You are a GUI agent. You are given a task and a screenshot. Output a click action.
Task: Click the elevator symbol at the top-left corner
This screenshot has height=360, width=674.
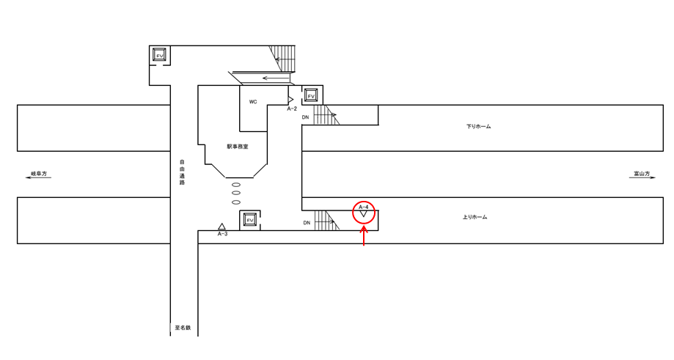(159, 55)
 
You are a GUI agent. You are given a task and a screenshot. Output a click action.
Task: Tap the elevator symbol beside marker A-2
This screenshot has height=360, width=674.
(311, 95)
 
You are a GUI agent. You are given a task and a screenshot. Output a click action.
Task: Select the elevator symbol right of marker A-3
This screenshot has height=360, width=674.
(249, 220)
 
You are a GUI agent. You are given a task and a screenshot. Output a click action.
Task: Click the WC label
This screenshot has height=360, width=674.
(253, 102)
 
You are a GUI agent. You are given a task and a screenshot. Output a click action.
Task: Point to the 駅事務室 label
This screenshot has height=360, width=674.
(237, 147)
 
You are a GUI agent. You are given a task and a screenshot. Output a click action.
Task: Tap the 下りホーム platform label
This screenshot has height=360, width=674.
(478, 127)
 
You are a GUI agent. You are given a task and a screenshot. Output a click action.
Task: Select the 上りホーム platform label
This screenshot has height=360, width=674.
(475, 217)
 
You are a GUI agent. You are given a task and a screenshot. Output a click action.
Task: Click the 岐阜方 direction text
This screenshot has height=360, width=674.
(38, 174)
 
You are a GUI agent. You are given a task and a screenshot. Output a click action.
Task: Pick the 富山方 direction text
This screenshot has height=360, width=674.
(642, 174)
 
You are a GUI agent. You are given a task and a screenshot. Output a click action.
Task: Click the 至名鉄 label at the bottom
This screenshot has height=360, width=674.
(183, 328)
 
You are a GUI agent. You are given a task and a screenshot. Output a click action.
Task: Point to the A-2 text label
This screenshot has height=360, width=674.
(291, 109)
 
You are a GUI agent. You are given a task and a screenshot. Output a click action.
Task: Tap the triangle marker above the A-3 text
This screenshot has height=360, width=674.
(221, 227)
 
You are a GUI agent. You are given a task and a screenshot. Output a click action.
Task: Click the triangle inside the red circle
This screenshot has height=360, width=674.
(364, 215)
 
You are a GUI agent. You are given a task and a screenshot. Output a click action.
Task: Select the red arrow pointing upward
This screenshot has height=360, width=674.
(364, 236)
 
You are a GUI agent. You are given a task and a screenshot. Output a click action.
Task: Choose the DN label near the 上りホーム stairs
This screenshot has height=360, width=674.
(307, 222)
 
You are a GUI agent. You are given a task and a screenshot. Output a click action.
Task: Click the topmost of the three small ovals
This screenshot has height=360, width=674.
(236, 185)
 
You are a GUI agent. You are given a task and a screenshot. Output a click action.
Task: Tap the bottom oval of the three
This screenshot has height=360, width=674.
(236, 202)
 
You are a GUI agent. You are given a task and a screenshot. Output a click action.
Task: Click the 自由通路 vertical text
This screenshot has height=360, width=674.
(182, 172)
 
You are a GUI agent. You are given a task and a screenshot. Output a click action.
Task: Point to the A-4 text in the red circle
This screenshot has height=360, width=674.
(363, 207)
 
